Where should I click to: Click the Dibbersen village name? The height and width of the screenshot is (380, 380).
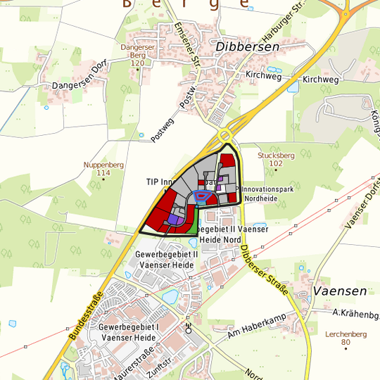pyautogui.click(x=248, y=46)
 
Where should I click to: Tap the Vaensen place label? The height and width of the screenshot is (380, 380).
pyautogui.click(x=340, y=291)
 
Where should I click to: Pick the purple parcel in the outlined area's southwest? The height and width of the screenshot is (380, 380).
pyautogui.click(x=174, y=220)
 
